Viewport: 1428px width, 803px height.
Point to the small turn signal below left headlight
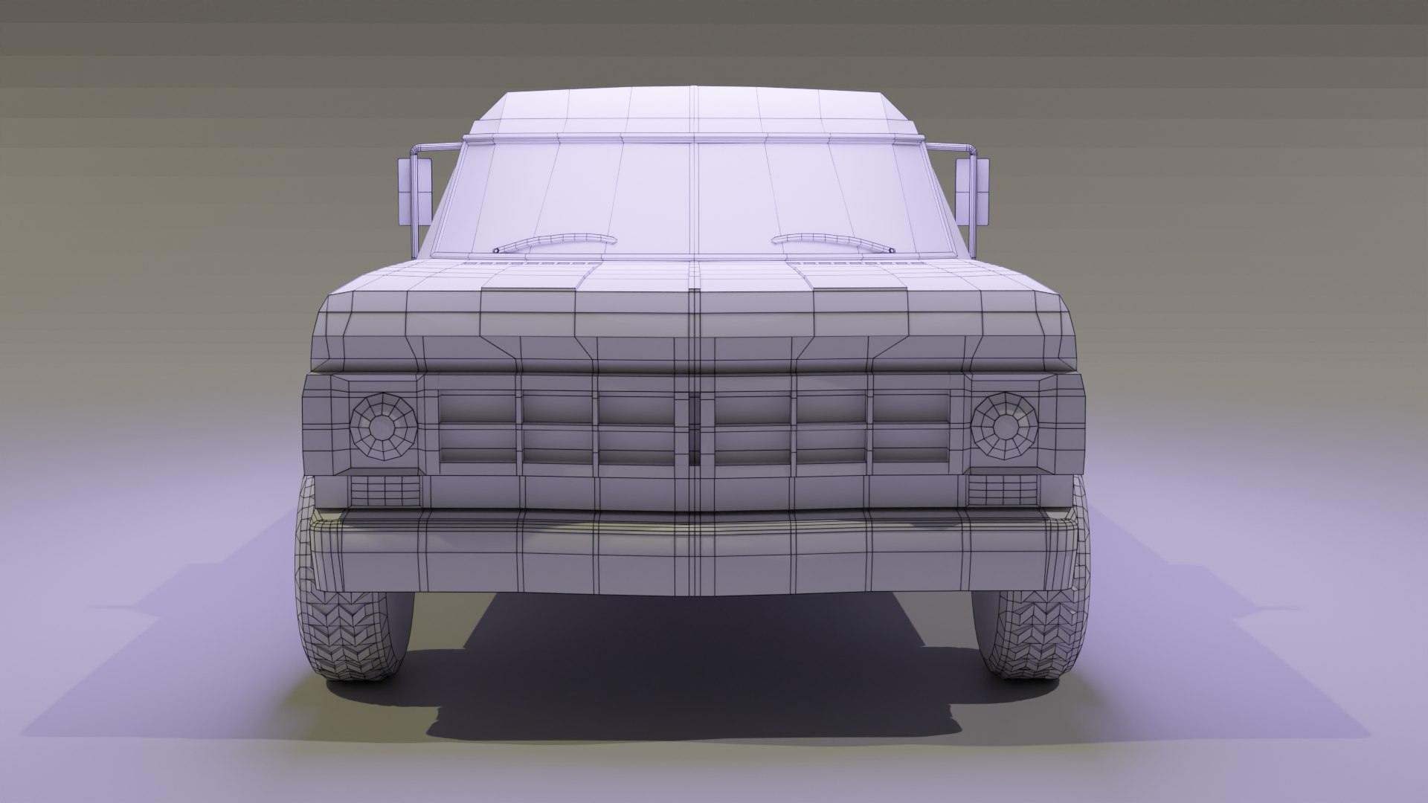click(385, 488)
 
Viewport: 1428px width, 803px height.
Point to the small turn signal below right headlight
click(1003, 488)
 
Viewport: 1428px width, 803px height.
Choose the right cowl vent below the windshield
click(855, 263)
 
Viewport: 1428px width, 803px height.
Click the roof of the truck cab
click(694, 112)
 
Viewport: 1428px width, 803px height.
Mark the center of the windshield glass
click(694, 197)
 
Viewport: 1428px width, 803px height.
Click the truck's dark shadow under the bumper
click(692, 669)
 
